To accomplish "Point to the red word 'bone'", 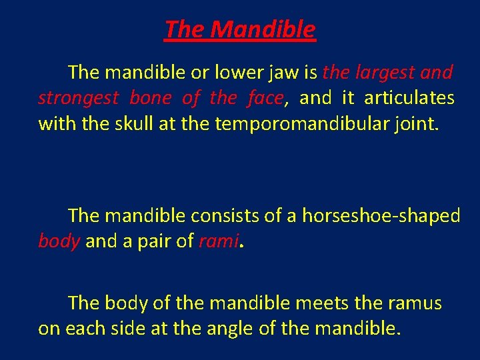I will click(150, 98).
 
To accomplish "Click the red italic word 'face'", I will click(264, 98).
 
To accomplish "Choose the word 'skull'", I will click(131, 124).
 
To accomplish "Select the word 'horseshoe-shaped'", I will click(381, 216).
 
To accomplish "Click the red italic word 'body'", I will click(59, 242).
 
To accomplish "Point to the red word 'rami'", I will click(218, 242).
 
